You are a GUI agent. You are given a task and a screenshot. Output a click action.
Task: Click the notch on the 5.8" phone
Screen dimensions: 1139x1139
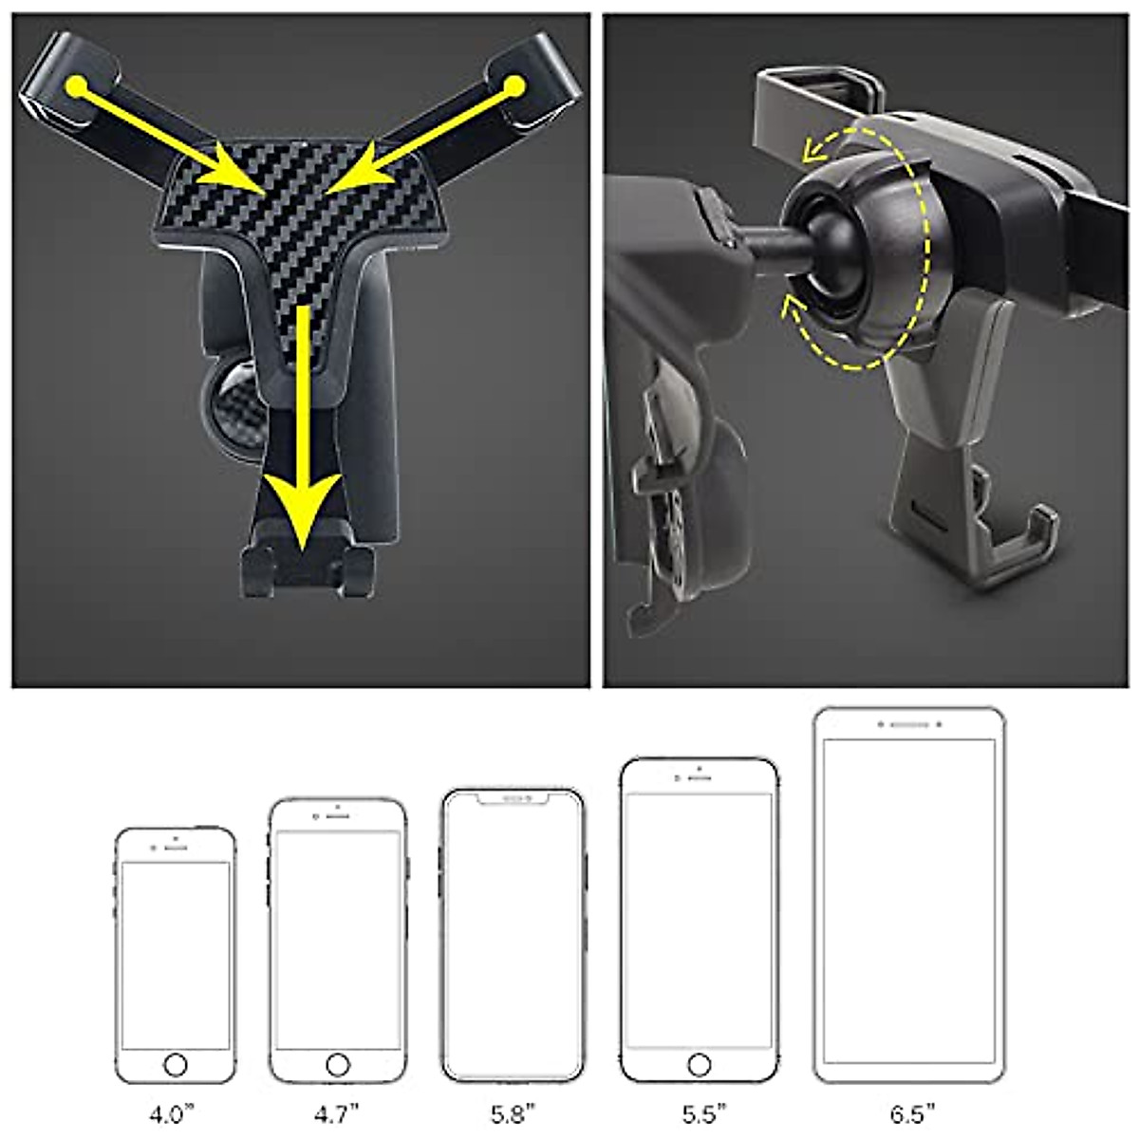[513, 799]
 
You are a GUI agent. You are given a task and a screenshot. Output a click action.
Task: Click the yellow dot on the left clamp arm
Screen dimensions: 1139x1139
[78, 87]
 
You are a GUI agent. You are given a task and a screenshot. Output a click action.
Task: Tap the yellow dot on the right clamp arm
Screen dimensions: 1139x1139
[514, 87]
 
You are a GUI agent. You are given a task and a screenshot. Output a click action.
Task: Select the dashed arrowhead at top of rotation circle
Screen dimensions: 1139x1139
[812, 149]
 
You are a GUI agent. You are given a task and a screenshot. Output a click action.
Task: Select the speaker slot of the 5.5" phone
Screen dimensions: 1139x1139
[700, 777]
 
